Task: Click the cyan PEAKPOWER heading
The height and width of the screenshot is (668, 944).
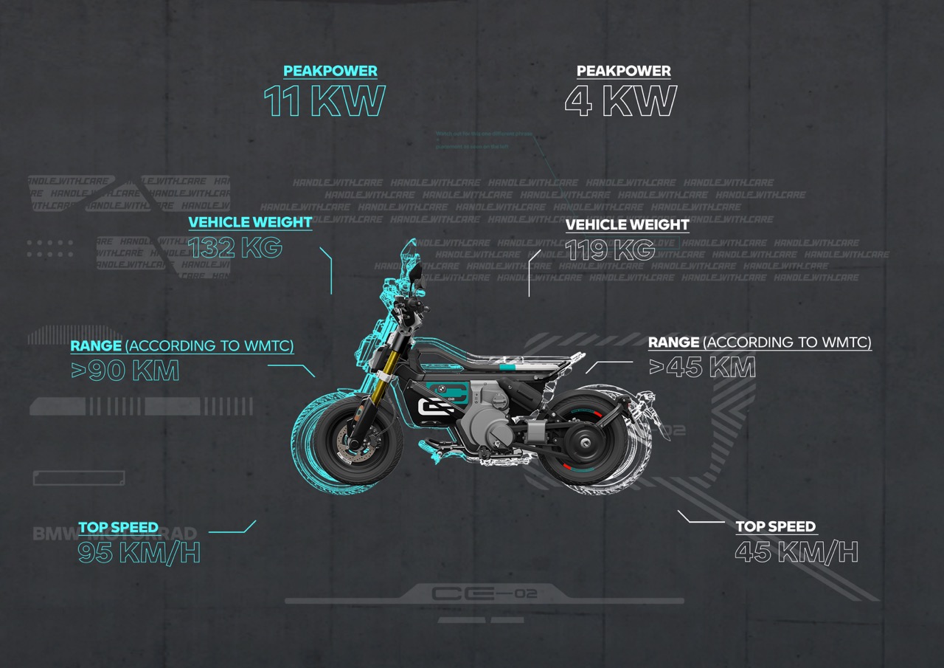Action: [330, 72]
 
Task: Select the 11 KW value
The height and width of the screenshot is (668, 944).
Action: [324, 102]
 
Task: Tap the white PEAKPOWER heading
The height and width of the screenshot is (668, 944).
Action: [624, 72]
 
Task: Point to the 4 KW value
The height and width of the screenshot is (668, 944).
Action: [620, 102]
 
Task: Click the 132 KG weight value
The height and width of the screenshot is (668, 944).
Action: [235, 248]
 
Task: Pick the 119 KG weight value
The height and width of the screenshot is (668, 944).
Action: [610, 250]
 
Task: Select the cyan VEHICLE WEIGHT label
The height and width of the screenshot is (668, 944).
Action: [250, 222]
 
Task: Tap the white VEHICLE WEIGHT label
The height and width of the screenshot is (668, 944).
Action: [628, 224]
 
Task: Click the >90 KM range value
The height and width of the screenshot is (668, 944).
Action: [125, 371]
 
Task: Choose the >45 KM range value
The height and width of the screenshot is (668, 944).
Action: [701, 368]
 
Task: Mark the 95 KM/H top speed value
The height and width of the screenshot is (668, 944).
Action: [139, 553]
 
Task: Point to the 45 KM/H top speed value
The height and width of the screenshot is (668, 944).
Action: [796, 552]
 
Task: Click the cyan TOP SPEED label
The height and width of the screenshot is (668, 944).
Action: [119, 527]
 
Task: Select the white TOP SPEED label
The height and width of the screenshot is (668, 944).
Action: [776, 527]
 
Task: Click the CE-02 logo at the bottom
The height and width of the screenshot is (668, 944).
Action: [484, 593]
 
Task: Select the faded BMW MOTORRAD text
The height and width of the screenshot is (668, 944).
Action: [114, 534]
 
